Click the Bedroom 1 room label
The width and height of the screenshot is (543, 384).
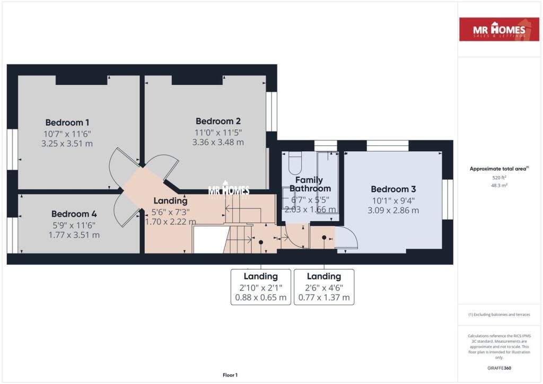coord(67,122)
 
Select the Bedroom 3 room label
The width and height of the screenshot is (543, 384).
coord(393,189)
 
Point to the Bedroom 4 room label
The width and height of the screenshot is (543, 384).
coord(74,214)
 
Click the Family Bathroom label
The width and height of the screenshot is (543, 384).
coord(310,184)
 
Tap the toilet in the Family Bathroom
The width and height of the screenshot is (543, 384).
coord(295,163)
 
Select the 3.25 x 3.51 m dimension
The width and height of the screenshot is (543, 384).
coord(67,143)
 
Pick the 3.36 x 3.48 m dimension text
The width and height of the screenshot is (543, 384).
coord(218,142)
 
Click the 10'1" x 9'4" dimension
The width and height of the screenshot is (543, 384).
coord(393,200)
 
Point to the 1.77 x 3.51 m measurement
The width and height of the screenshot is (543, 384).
coord(74,235)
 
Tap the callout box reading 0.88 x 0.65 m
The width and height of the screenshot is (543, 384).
coord(260,287)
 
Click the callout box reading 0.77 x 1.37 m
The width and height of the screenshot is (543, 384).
coord(323,287)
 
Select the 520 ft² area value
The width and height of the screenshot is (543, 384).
coord(499,178)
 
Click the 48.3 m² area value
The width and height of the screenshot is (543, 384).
coord(499,186)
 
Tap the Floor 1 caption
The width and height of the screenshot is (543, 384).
coord(230,375)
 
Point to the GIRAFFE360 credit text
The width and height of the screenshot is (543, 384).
coord(499,368)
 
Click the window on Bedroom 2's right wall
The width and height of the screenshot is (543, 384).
coord(271,112)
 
